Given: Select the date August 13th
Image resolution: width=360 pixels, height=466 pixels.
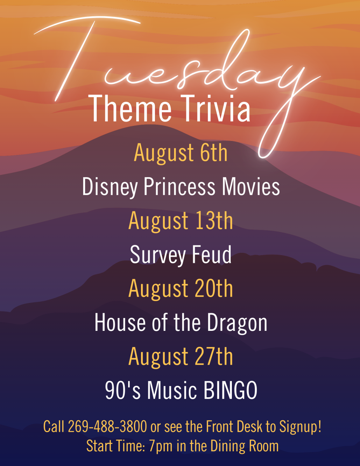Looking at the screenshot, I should click(x=181, y=221).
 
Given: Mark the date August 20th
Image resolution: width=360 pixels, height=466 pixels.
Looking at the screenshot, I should click(x=181, y=289).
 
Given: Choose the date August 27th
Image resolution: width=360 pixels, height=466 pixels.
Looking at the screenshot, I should click(x=181, y=356).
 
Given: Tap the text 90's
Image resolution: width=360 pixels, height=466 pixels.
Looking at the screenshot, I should click(x=119, y=390).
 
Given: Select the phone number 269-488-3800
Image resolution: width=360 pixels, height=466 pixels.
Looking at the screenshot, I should click(x=108, y=427).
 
